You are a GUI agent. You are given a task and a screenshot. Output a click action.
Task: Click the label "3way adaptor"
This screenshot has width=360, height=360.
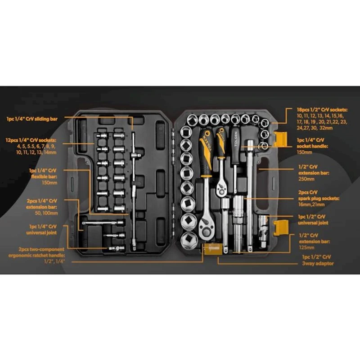[x=318, y=263]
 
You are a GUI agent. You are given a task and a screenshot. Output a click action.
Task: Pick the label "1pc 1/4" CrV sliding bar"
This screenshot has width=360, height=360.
[x=31, y=119]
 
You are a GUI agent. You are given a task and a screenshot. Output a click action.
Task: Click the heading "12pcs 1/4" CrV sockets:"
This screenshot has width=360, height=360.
[x=31, y=140]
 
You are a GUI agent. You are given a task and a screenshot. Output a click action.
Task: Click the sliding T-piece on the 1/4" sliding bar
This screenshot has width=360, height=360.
[x=134, y=156]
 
